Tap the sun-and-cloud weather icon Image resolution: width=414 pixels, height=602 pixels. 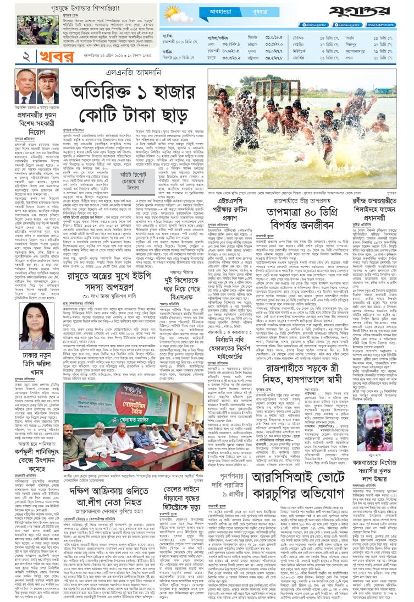pos(175,13)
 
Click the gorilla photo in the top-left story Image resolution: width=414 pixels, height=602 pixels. pos(18,23)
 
